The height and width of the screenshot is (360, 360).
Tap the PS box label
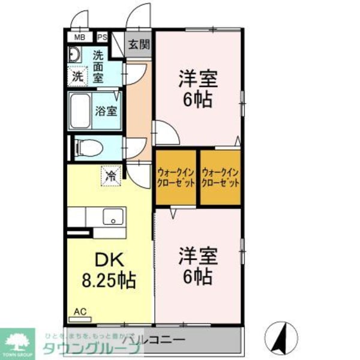pos(102,37)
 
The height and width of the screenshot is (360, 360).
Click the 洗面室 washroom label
pos(98,66)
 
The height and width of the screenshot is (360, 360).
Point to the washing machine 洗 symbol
pos(77,76)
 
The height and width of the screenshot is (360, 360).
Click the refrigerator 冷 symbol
pos(111,176)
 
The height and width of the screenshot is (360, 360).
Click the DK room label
pos(110,261)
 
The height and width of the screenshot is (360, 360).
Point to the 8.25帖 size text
pos(110,280)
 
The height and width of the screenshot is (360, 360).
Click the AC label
pos(80,312)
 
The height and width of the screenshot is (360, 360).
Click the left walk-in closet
pos(176,178)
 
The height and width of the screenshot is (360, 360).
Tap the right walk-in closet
pos(220,178)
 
